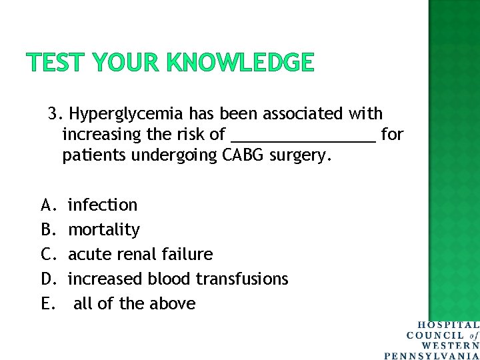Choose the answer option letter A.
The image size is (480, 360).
point(47,205)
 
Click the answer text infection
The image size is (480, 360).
point(103,205)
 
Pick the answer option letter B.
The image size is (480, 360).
point(47,230)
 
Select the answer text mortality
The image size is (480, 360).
point(104,230)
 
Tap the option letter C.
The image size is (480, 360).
point(47,255)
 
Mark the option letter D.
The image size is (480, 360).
point(47,279)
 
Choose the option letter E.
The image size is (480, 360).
point(47,303)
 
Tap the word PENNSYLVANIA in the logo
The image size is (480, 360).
point(432,355)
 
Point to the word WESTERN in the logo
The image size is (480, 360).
point(450,345)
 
